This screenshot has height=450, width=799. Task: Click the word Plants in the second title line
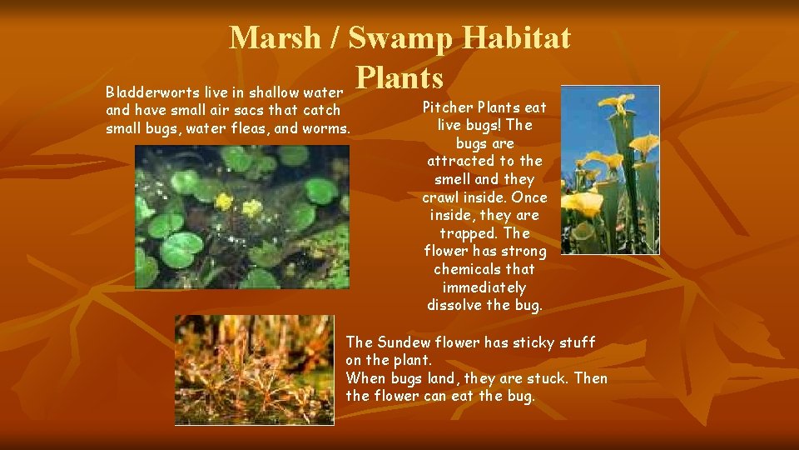pyautogui.click(x=399, y=77)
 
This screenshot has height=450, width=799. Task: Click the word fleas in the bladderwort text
pyautogui.click(x=236, y=128)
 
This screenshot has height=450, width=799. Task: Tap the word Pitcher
pyautogui.click(x=450, y=107)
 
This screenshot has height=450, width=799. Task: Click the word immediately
pyautogui.click(x=484, y=287)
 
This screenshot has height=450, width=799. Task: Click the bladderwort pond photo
pyautogui.click(x=242, y=217)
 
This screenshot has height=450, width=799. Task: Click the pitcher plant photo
pyautogui.click(x=609, y=170)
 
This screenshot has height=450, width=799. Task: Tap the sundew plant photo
pyautogui.click(x=254, y=369)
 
